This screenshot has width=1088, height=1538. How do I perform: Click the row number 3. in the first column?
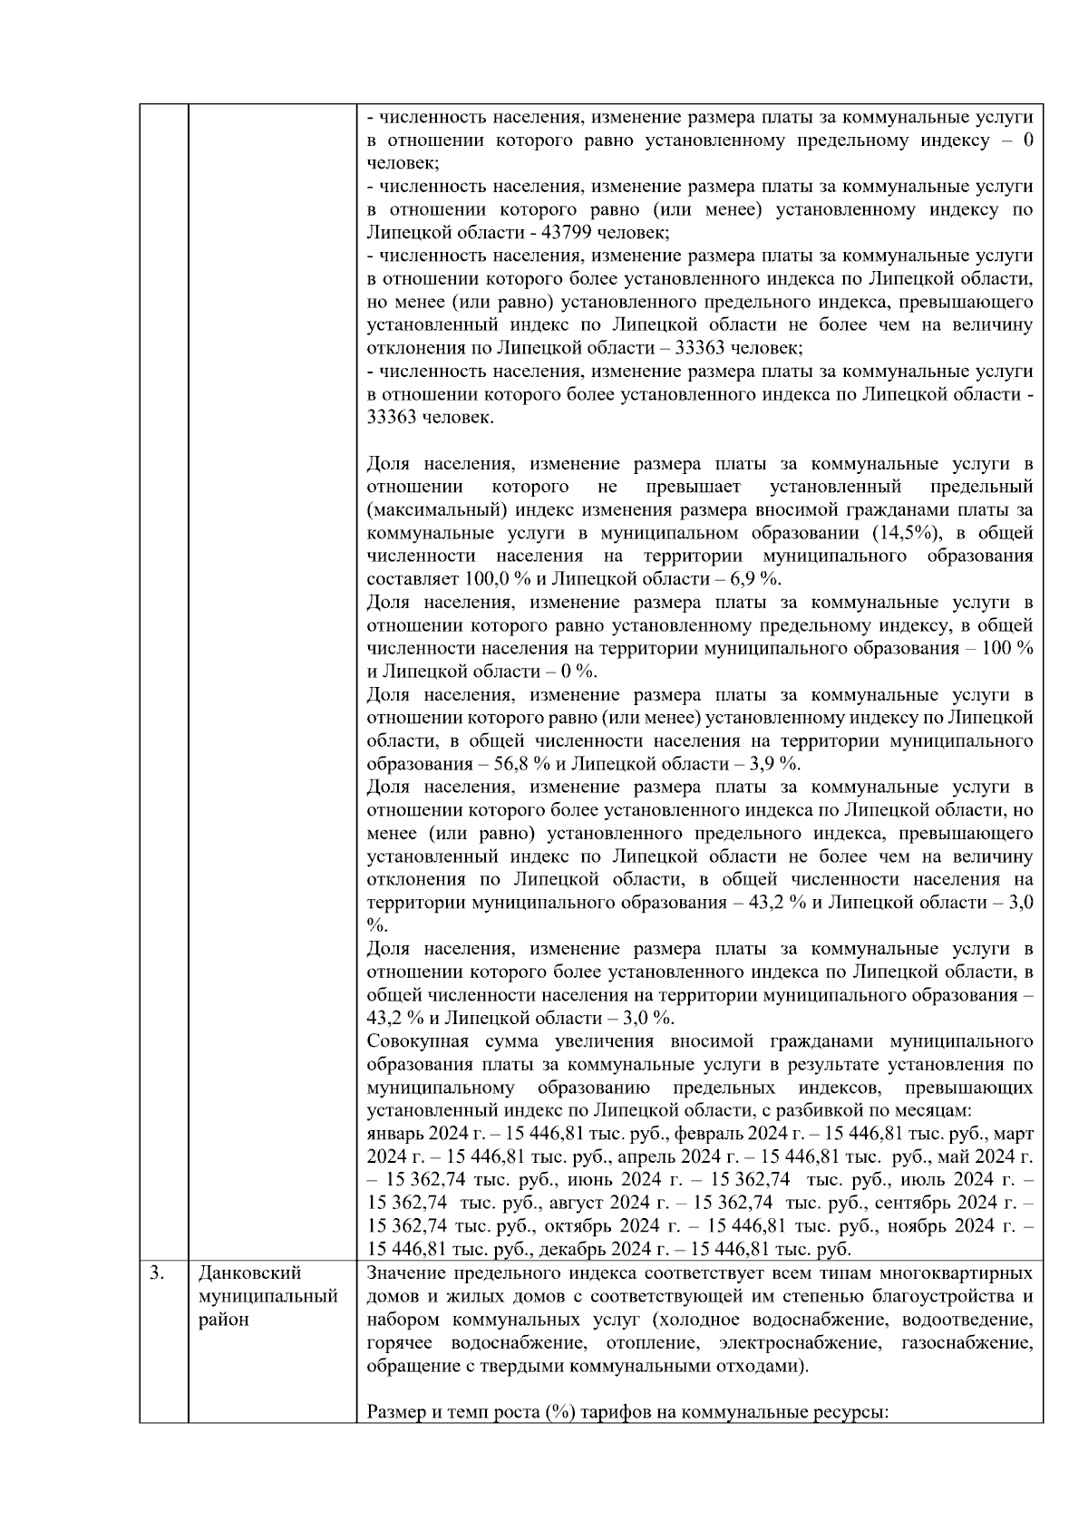pyautogui.click(x=157, y=1273)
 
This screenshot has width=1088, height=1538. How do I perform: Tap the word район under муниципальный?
pyautogui.click(x=223, y=1320)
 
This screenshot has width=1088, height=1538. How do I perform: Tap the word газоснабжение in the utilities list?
pyautogui.click(x=967, y=1342)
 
